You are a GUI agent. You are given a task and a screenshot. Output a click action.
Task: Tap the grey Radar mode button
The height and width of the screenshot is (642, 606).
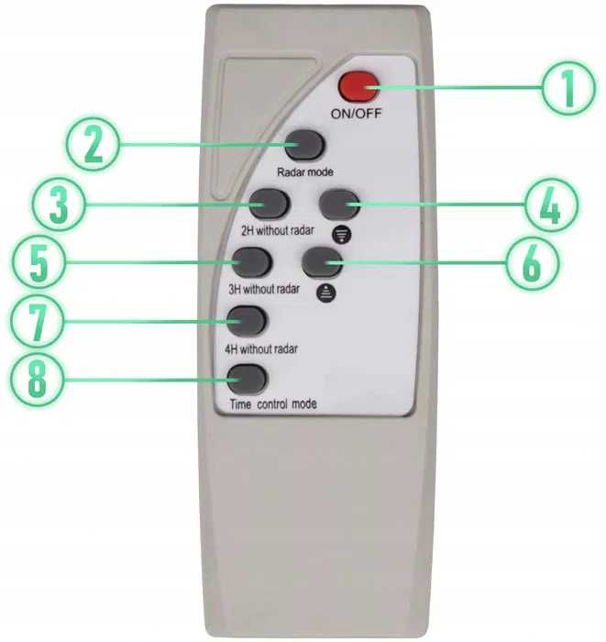point(304,145)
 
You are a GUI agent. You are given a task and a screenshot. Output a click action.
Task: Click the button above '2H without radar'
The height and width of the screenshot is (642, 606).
point(270,204)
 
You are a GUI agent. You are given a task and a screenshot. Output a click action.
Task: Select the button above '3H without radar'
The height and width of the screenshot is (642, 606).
point(251,262)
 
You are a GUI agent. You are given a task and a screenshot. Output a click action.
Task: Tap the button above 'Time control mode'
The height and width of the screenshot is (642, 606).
point(247,379)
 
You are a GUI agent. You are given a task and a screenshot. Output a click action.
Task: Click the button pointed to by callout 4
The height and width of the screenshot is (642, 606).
point(339,205)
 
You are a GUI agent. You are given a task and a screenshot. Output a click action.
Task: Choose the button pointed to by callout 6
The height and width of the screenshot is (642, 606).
point(322,262)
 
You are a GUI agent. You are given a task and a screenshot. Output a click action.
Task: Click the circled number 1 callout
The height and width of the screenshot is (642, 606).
point(568,88)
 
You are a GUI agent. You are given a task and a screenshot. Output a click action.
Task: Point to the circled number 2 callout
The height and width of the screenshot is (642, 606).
point(94,145)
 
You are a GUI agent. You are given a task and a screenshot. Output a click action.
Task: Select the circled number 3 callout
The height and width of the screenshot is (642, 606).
point(59,204)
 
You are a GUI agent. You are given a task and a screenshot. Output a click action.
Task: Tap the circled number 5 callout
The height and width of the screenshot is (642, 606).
point(39,262)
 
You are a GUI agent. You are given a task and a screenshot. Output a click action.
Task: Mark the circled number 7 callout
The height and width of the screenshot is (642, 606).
point(37,321)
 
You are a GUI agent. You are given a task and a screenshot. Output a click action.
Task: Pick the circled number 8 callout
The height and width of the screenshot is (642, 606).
point(37,380)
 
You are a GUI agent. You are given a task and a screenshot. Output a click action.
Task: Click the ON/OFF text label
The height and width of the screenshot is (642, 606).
point(356,114)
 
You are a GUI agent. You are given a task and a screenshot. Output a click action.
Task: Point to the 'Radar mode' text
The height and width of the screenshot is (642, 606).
point(305,172)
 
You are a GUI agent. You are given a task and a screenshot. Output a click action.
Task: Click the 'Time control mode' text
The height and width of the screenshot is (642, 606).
point(273,404)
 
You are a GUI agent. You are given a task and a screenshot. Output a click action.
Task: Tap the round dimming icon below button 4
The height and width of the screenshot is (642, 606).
point(342,235)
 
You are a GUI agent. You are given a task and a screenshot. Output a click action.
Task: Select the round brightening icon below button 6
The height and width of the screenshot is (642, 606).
point(326,293)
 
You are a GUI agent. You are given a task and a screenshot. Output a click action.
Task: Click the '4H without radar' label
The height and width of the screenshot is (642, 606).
point(261,349)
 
